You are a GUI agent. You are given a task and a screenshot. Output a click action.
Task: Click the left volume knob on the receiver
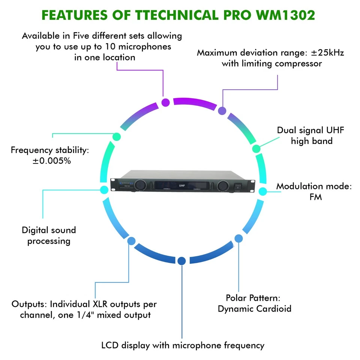[x=140, y=184]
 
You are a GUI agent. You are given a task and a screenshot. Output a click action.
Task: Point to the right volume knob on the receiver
[x=222, y=185]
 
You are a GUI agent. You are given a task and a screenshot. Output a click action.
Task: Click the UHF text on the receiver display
[x=182, y=185]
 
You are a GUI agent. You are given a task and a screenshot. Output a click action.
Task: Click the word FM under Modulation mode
[x=315, y=197]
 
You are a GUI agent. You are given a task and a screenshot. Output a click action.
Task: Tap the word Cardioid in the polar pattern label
[x=274, y=309]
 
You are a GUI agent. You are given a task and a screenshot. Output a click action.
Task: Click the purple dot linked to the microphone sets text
[x=165, y=102]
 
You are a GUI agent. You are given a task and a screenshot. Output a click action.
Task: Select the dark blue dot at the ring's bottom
[x=181, y=261]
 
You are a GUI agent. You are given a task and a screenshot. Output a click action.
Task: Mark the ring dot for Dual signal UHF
[x=256, y=148]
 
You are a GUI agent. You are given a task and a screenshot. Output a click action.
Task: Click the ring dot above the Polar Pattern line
[x=238, y=238]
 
